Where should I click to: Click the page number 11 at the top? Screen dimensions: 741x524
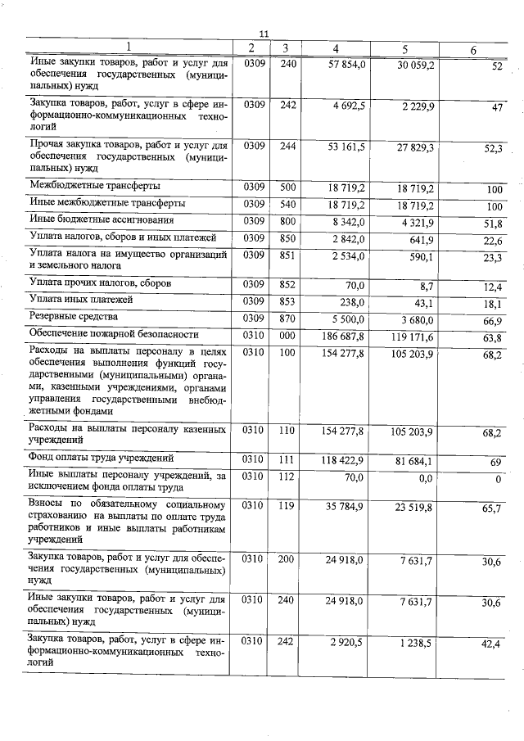point(263,34)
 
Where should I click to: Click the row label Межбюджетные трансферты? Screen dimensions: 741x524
point(95,186)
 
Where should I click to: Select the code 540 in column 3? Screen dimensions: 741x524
point(287,203)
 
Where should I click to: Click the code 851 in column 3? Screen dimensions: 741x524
point(287,256)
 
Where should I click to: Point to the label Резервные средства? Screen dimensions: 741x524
point(74,316)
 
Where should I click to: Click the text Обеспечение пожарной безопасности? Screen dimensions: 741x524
point(114,334)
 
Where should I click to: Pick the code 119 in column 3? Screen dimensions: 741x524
point(286,506)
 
